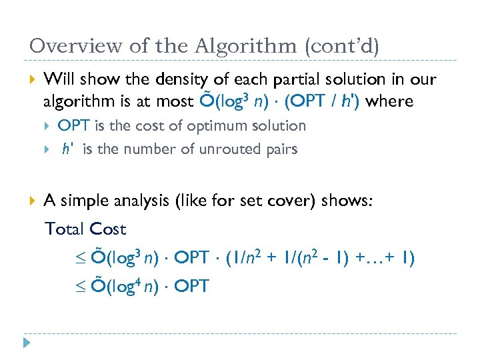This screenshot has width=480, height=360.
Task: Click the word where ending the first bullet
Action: [x=390, y=101]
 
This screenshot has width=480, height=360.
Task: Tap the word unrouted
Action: [x=235, y=149]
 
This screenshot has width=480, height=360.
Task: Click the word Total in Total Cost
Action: [x=63, y=229]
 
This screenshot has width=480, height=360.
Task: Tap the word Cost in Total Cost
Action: [x=107, y=229]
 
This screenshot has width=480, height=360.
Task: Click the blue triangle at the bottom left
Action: [x=27, y=343]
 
